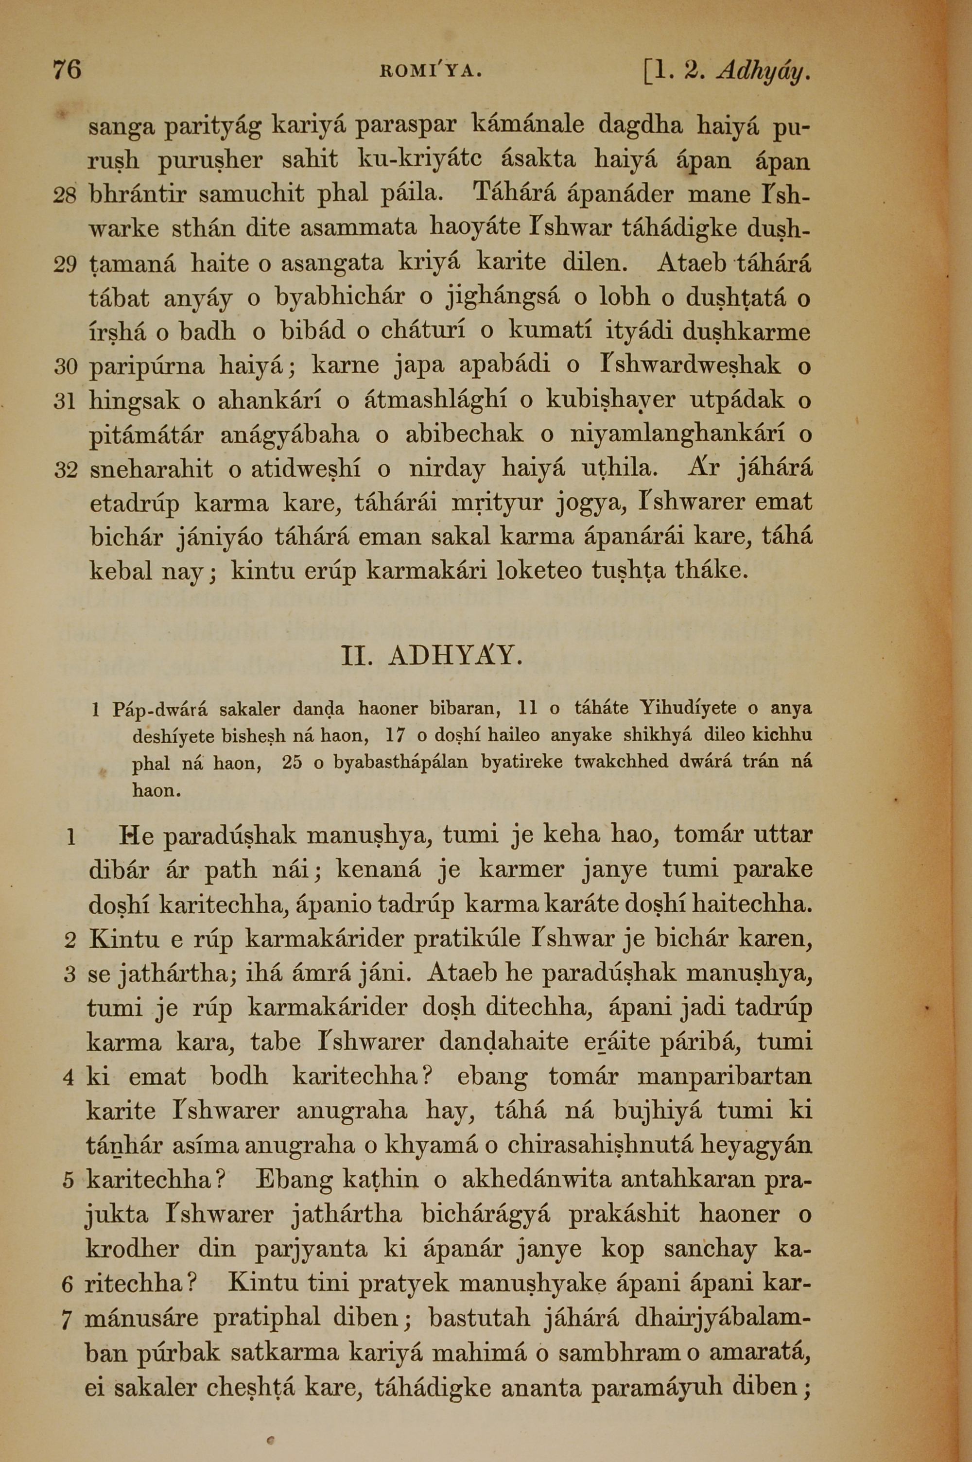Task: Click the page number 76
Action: [67, 70]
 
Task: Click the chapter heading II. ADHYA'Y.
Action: [432, 656]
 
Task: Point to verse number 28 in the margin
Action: [65, 196]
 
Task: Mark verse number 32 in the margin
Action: [65, 470]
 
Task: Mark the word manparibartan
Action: [725, 1077]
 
